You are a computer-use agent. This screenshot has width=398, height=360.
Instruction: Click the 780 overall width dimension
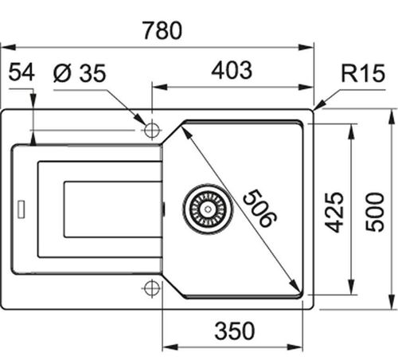point(162,30)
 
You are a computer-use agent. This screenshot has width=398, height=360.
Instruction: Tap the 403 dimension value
point(232,70)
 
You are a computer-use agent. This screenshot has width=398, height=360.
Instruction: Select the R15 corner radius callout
point(363,73)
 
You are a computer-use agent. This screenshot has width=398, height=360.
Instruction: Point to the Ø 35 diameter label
point(80,72)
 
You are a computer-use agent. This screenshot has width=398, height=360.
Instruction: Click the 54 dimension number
point(21,72)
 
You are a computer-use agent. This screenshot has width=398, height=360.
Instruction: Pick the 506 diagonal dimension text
point(260,208)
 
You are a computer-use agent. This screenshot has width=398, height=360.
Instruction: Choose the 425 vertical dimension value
point(334,212)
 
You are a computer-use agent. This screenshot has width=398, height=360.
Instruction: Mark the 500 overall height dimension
point(375,212)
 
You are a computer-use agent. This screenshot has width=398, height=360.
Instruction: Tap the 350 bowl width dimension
point(235,331)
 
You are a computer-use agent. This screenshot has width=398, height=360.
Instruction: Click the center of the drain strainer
point(208,209)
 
